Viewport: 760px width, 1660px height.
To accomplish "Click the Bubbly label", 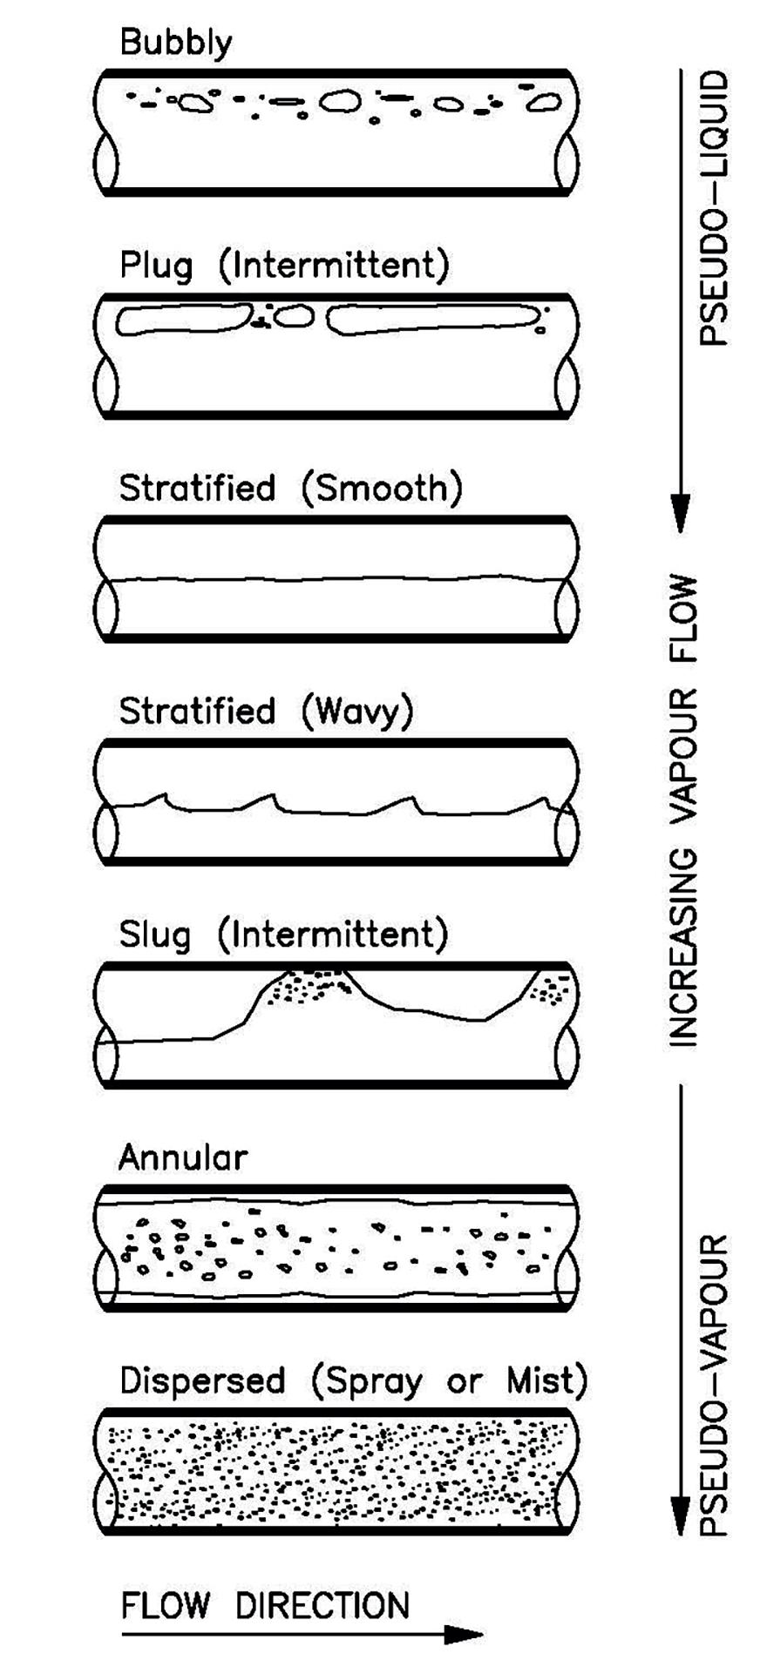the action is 176,43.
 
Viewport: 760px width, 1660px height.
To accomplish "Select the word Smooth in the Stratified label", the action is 380,489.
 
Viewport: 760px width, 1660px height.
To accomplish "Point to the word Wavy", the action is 356,712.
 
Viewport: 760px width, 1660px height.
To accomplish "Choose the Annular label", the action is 183,1158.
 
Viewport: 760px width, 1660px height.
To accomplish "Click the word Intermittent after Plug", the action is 335,266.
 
